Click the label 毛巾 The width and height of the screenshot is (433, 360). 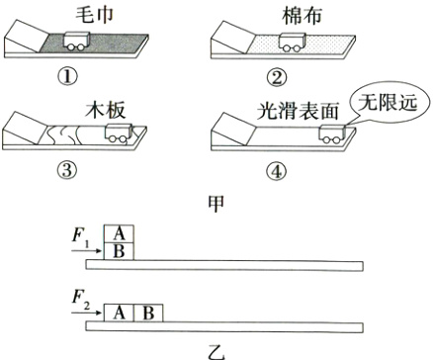pyautogui.click(x=94, y=15)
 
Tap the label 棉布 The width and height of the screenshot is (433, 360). pyautogui.click(x=302, y=16)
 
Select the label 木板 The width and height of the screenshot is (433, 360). pyautogui.click(x=106, y=110)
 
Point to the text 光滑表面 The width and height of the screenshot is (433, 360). pyautogui.click(x=298, y=111)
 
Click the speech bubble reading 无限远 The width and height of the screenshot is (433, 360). pyautogui.click(x=389, y=103)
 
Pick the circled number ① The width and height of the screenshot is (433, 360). pyautogui.click(x=68, y=77)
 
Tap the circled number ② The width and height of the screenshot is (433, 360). pyautogui.click(x=277, y=78)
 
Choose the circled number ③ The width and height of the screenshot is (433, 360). pyautogui.click(x=67, y=171)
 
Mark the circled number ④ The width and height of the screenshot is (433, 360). pyautogui.click(x=276, y=171)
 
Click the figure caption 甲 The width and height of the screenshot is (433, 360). pyautogui.click(x=216, y=204)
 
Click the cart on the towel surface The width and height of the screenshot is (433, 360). pyautogui.click(x=76, y=42)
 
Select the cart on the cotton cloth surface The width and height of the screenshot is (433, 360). pyautogui.click(x=292, y=43)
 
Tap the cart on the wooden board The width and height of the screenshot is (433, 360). pyautogui.click(x=119, y=134)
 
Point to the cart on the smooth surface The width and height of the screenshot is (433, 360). pyautogui.click(x=332, y=134)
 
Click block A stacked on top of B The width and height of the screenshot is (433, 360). pyautogui.click(x=119, y=234)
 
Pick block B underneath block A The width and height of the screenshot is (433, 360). pyautogui.click(x=119, y=251)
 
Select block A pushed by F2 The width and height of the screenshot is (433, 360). pyautogui.click(x=119, y=313)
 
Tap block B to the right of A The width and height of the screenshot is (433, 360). pyautogui.click(x=148, y=313)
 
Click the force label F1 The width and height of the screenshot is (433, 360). pyautogui.click(x=80, y=237)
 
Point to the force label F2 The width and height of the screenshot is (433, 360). pyautogui.click(x=81, y=300)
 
